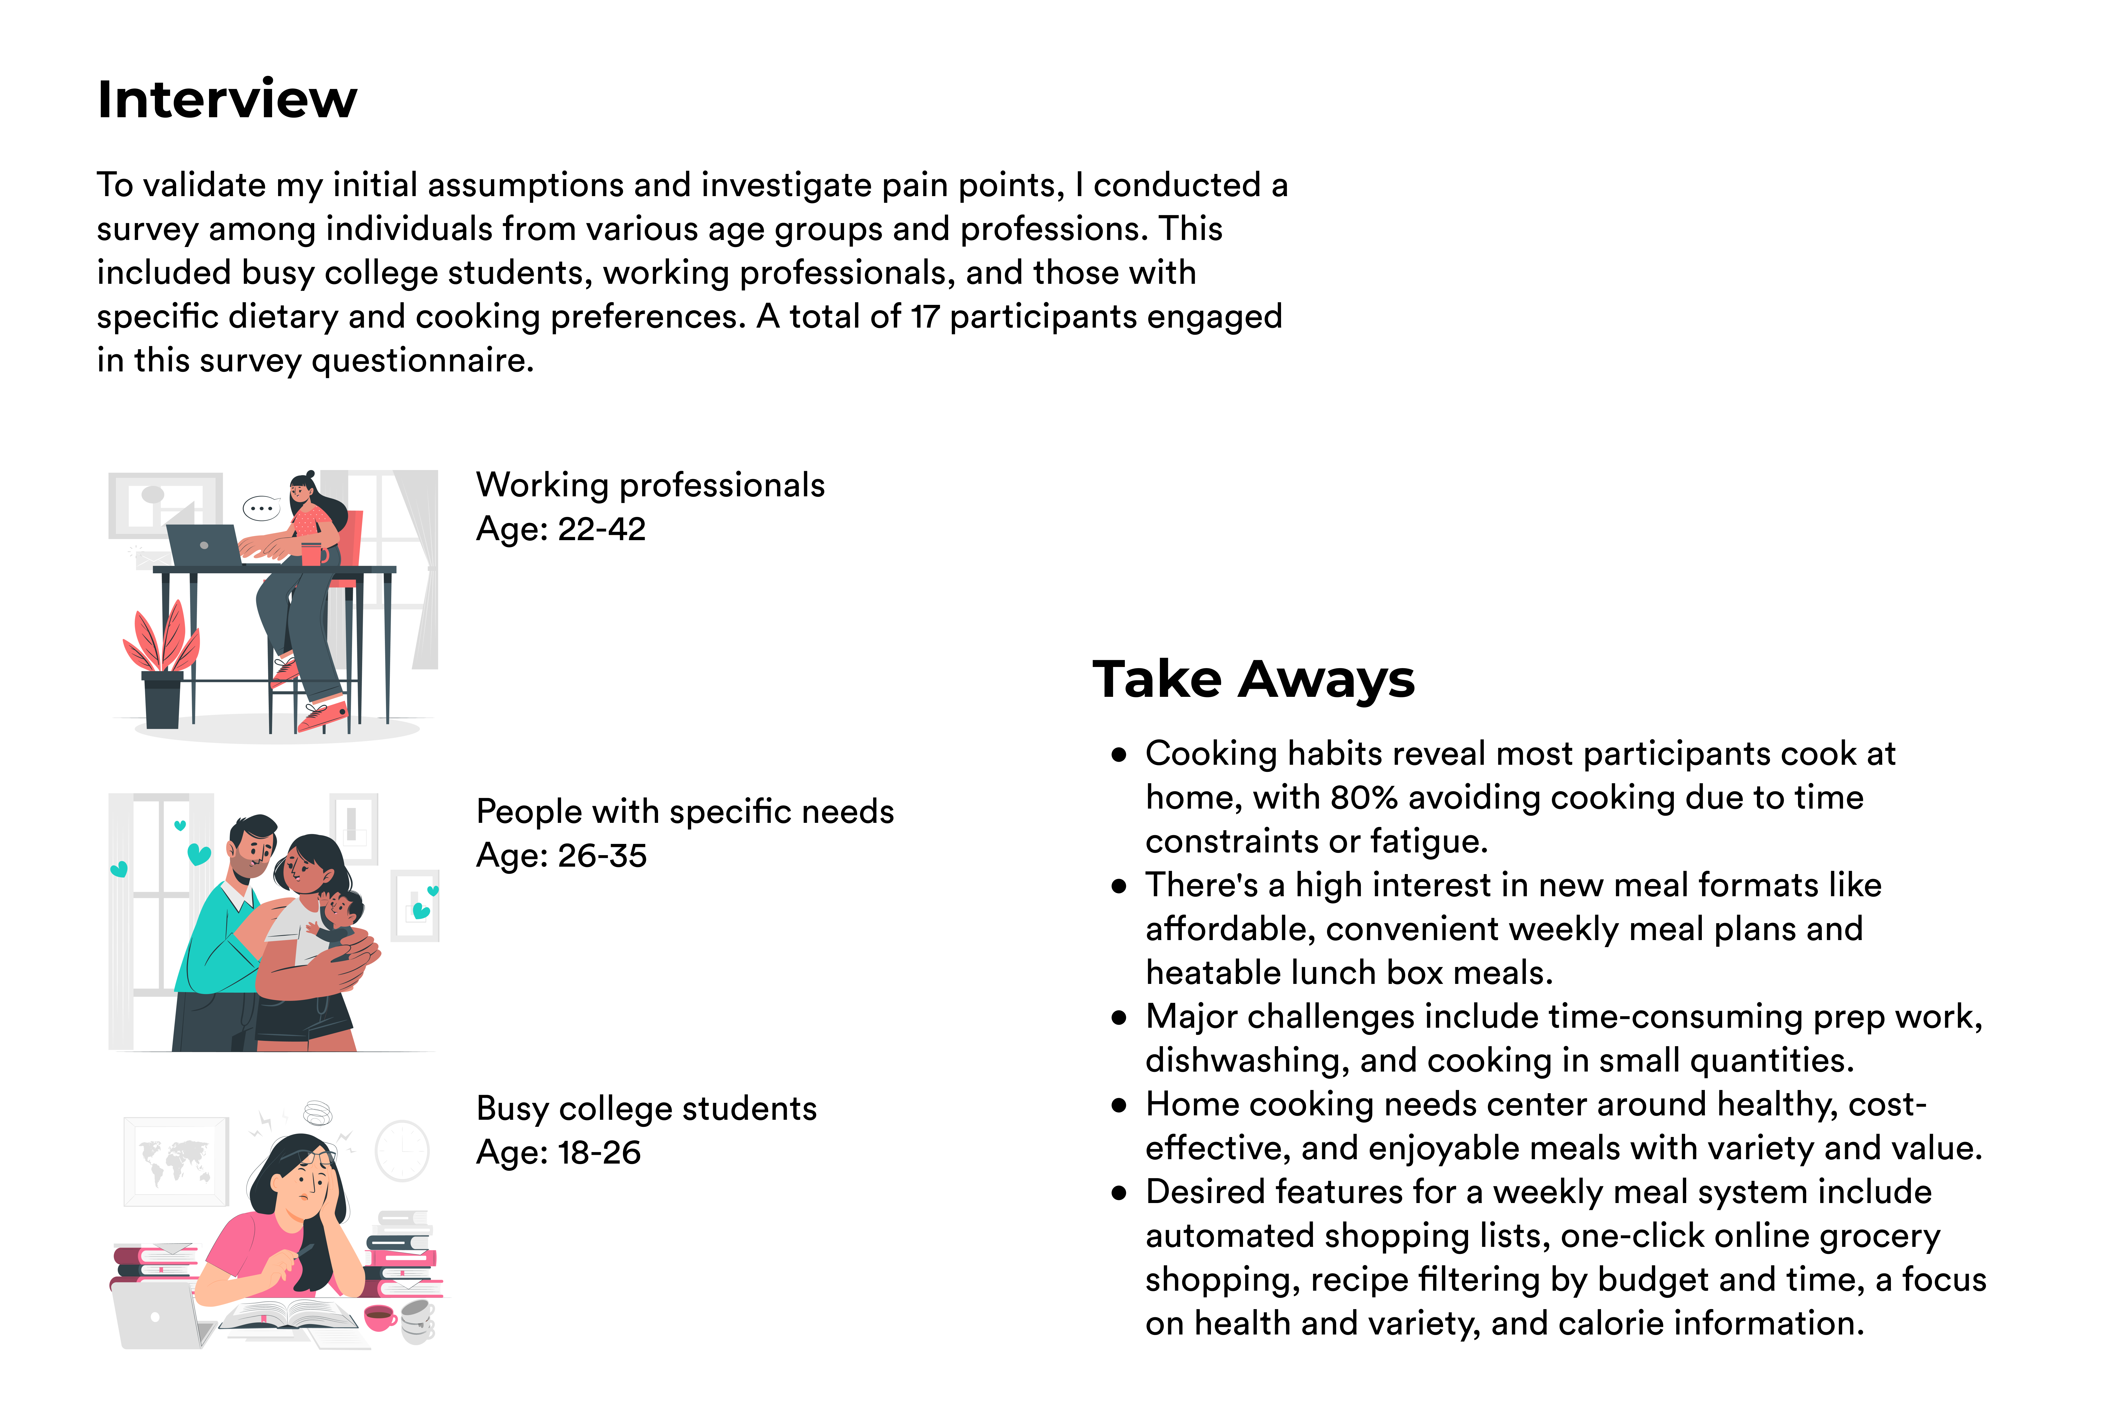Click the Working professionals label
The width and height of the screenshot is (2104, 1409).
650,485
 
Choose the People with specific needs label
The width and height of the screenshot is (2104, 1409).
685,811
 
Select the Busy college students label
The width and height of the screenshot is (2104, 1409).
646,1109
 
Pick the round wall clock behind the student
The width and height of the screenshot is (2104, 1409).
402,1150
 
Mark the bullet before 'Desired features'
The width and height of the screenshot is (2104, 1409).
1119,1193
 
